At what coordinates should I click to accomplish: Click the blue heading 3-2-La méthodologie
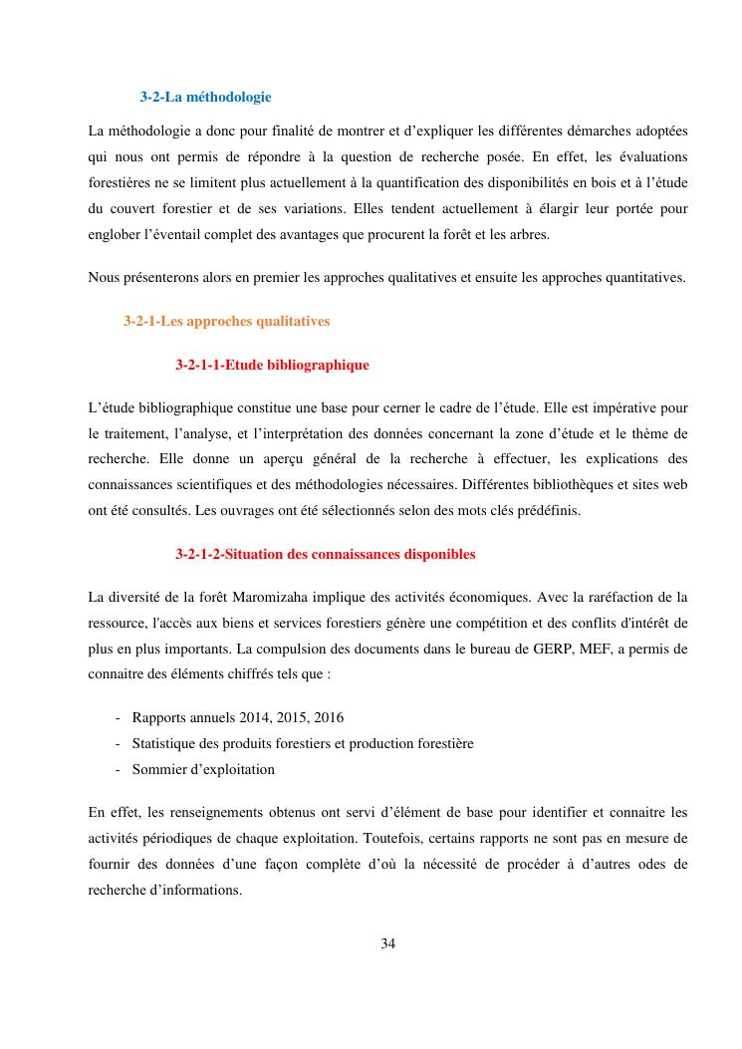click(x=205, y=97)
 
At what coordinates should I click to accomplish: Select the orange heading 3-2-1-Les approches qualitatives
click(x=226, y=321)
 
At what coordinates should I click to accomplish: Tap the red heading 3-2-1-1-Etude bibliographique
click(x=272, y=365)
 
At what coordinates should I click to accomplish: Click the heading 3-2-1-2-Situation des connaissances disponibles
click(x=325, y=554)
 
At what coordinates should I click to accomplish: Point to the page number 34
click(x=388, y=943)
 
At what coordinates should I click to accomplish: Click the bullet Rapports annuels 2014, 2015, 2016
click(x=238, y=717)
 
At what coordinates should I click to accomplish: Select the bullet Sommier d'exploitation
click(x=203, y=769)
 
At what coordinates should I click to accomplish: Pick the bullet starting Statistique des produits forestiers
click(x=303, y=743)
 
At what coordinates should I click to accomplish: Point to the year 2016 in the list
click(x=330, y=717)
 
